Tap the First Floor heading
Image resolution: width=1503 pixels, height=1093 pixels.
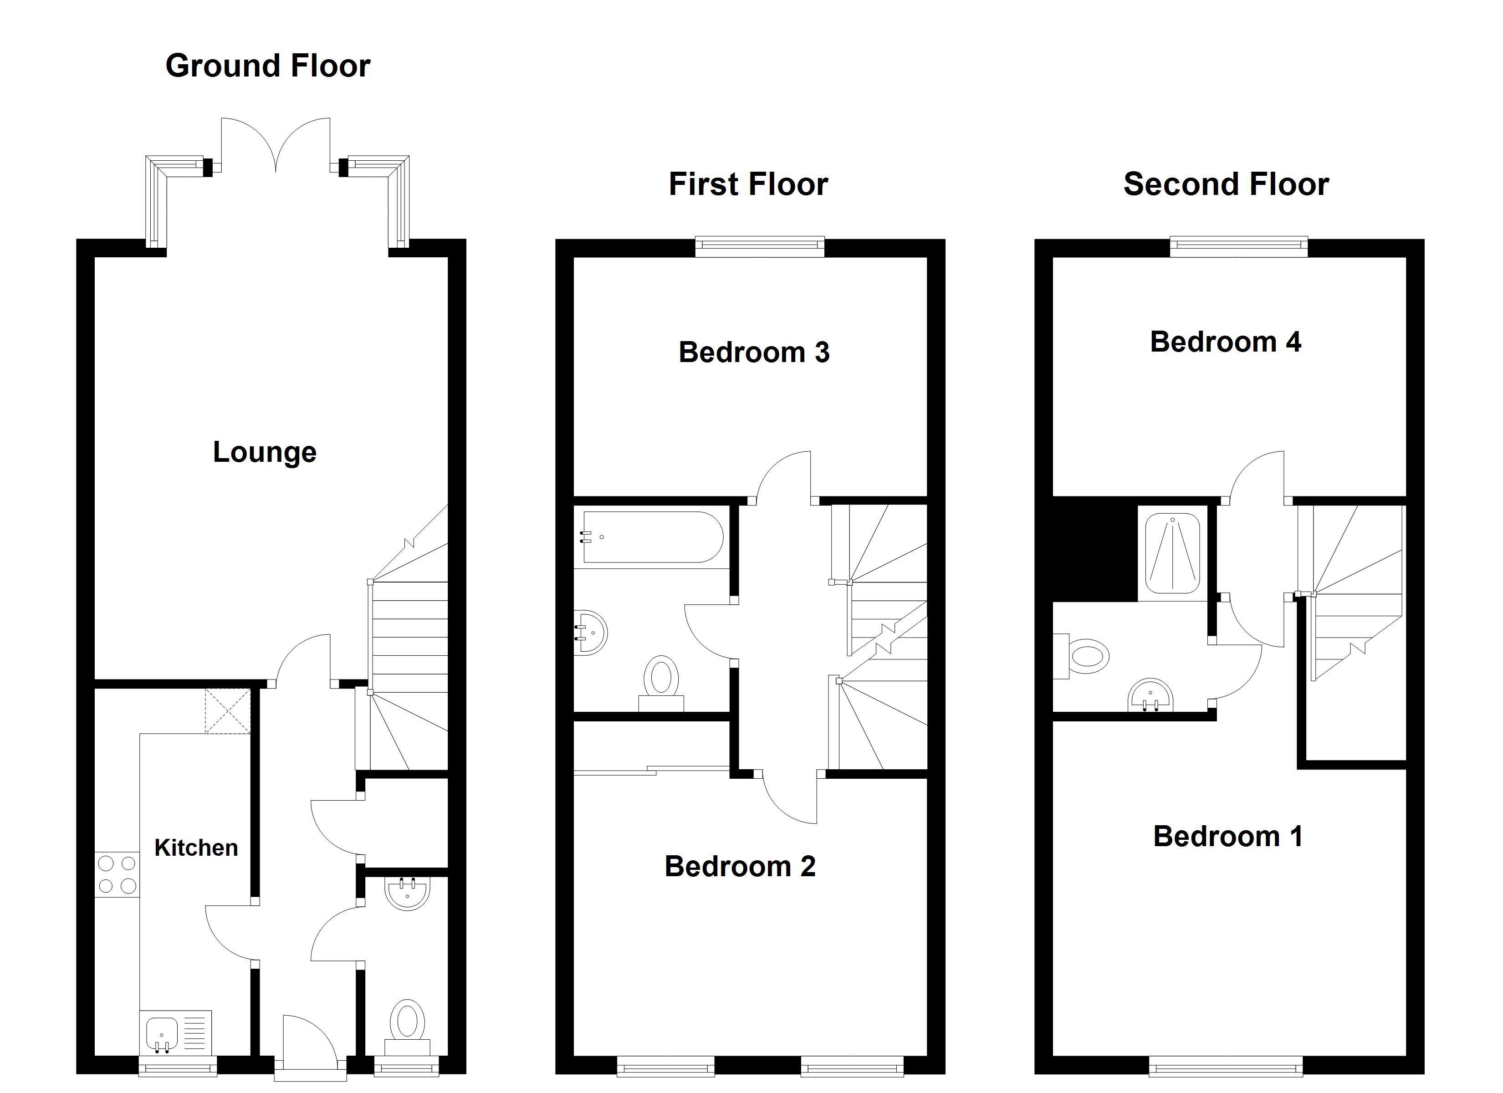pos(748,184)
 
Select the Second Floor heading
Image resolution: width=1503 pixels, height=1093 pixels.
pos(1226,184)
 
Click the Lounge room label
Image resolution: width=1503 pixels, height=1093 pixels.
pos(265,453)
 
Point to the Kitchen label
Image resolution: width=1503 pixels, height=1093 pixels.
pos(196,848)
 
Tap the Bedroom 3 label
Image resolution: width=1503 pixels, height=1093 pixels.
pos(754,352)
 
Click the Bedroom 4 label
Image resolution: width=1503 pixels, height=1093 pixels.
pos(1225,342)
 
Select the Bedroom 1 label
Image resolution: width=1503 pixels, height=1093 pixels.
pos(1228,837)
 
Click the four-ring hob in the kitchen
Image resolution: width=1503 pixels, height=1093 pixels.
pos(118,874)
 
